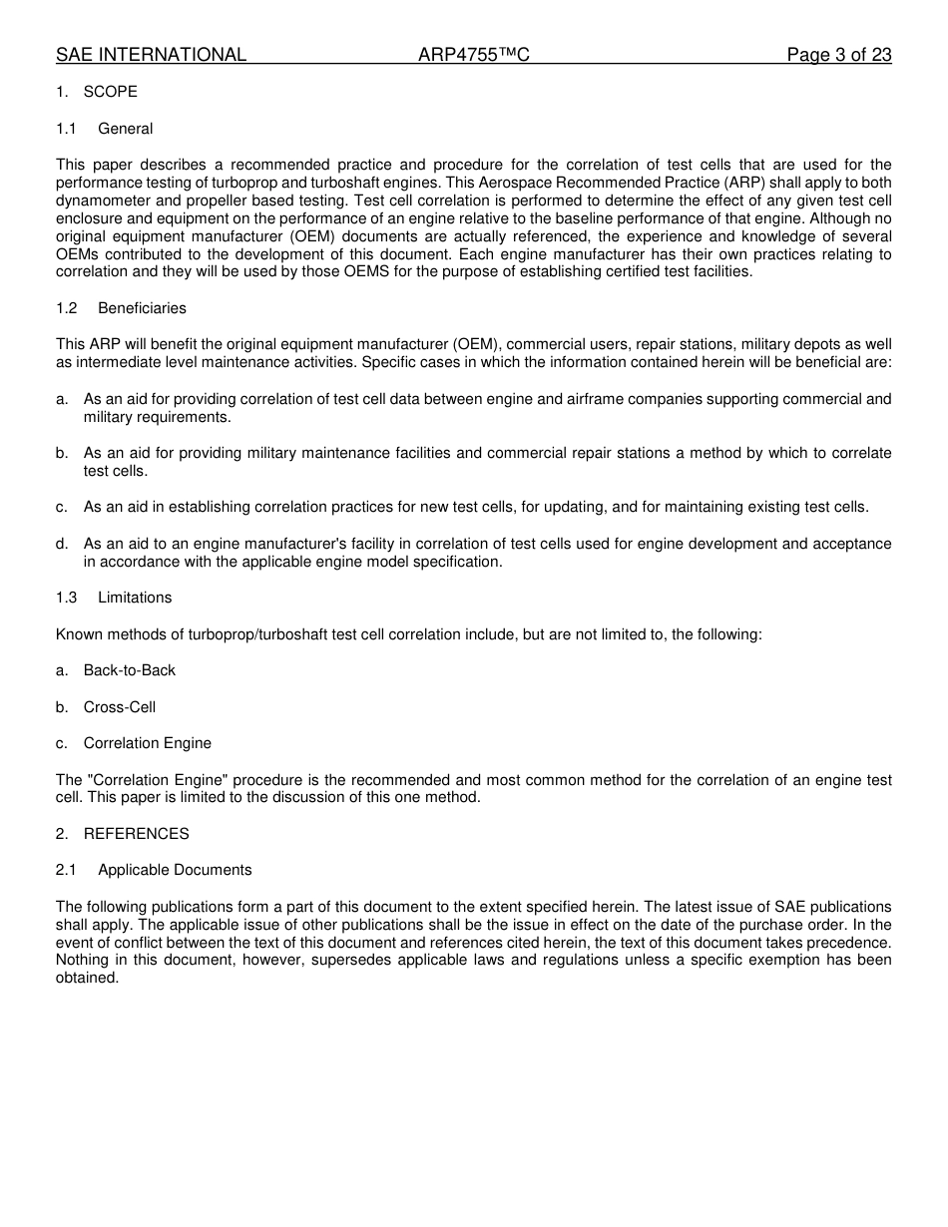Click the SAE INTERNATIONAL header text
[x=151, y=55]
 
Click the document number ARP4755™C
[x=473, y=55]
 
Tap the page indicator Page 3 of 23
[x=838, y=55]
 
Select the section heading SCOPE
[x=110, y=92]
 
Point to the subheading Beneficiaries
[x=142, y=308]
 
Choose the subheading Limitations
[x=135, y=598]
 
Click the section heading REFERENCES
[x=136, y=834]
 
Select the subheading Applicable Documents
[x=175, y=870]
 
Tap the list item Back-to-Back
[x=129, y=670]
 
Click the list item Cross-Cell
[x=119, y=707]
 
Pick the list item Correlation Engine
[x=147, y=743]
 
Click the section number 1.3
[x=66, y=598]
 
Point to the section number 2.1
[x=66, y=870]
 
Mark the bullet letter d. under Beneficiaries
[x=62, y=544]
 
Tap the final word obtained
[x=87, y=979]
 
